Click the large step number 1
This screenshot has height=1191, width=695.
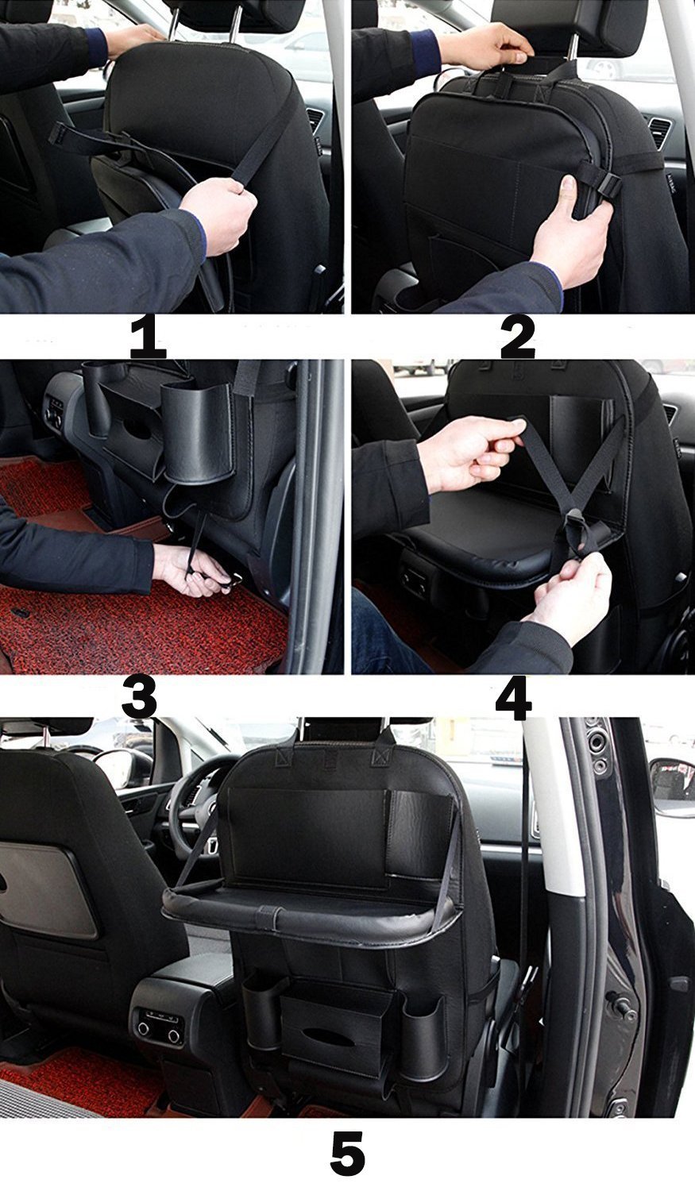(x=149, y=337)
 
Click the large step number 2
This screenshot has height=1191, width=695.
(x=518, y=337)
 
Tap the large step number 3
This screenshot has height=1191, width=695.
(x=139, y=696)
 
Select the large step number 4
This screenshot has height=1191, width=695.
(x=514, y=696)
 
